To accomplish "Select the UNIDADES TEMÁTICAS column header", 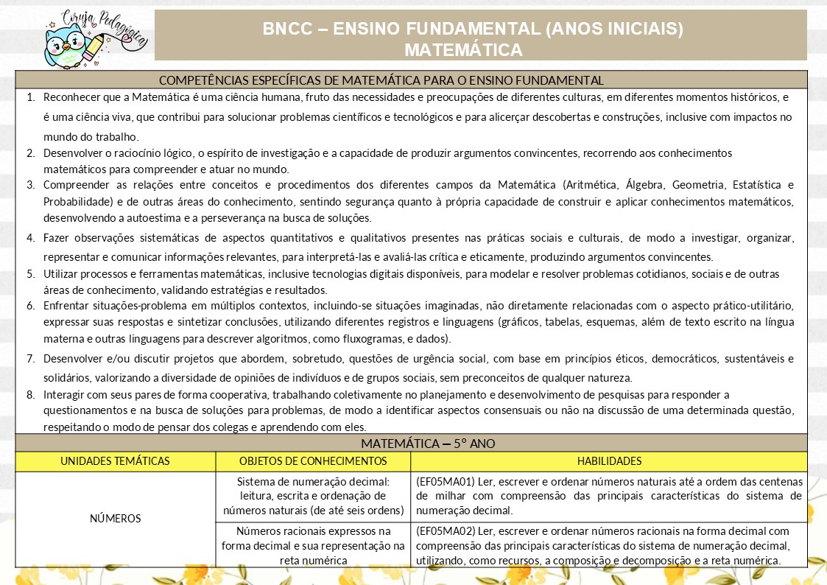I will click(115, 461).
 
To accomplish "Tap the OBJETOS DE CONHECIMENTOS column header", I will click(313, 461).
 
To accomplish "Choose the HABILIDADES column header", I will click(609, 461).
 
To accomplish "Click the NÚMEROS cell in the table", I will click(115, 518).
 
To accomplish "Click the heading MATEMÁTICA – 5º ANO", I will click(428, 444).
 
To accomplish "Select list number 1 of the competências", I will click(31, 97).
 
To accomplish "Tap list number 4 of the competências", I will click(31, 238).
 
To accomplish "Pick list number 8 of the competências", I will click(31, 395).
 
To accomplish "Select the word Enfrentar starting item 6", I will click(67, 305).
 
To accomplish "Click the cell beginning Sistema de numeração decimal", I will click(313, 496).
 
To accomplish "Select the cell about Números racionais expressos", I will click(313, 545).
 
